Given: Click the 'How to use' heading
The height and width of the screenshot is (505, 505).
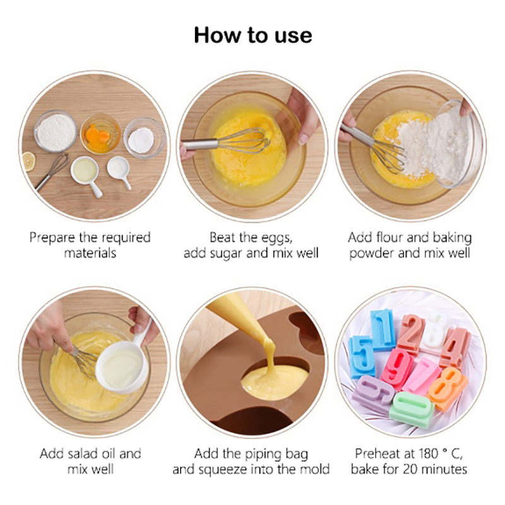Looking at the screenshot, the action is (253, 35).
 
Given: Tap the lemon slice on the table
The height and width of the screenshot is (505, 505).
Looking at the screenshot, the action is (28, 161).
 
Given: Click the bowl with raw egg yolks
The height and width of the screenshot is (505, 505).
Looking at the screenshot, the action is (100, 133).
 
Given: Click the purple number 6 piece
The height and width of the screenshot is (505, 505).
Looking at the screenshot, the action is (372, 393).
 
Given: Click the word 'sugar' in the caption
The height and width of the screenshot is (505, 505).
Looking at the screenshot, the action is (227, 254).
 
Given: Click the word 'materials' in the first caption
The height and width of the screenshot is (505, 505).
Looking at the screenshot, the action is (90, 253).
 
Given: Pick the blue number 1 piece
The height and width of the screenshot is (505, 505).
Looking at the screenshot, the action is (383, 329).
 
